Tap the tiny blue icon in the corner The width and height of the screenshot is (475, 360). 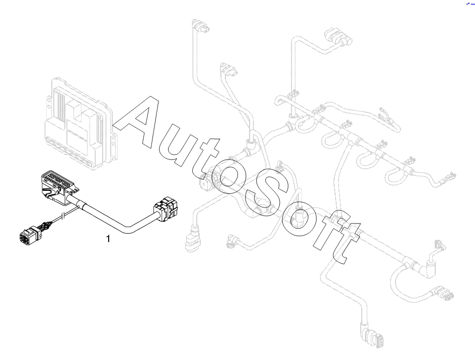470,3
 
